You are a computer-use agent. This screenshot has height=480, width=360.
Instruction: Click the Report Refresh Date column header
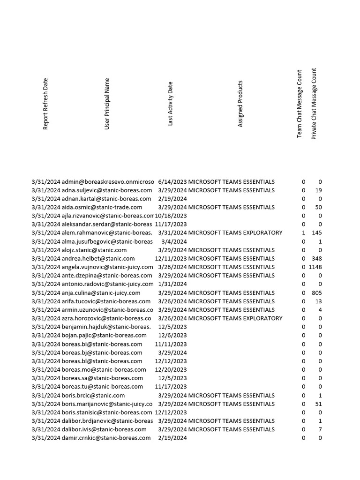(x=45, y=104)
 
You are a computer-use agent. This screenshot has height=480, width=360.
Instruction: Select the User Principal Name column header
(x=107, y=104)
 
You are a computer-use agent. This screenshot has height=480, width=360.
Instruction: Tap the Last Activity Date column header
(x=171, y=104)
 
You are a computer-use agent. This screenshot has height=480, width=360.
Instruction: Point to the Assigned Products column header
(x=240, y=104)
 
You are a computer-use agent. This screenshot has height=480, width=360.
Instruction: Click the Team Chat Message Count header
(x=300, y=104)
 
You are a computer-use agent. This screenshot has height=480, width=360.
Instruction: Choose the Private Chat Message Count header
(x=314, y=104)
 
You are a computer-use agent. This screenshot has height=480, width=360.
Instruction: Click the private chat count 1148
(x=315, y=267)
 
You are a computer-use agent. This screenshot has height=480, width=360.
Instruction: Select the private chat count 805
(x=317, y=293)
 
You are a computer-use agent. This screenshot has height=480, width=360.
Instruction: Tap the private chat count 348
(x=317, y=259)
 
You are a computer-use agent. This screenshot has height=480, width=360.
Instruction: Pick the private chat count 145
(x=317, y=233)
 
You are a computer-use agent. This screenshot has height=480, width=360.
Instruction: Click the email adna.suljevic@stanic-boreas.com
(x=107, y=190)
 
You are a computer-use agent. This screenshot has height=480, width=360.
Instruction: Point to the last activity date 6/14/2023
(x=172, y=182)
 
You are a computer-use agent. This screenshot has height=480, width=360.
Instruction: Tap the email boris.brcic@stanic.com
(x=93, y=396)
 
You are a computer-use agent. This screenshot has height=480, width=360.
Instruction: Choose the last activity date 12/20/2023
(x=171, y=370)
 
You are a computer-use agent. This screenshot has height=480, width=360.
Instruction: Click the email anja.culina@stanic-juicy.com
(x=101, y=293)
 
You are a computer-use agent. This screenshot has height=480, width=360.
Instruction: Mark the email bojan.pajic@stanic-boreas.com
(x=104, y=336)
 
